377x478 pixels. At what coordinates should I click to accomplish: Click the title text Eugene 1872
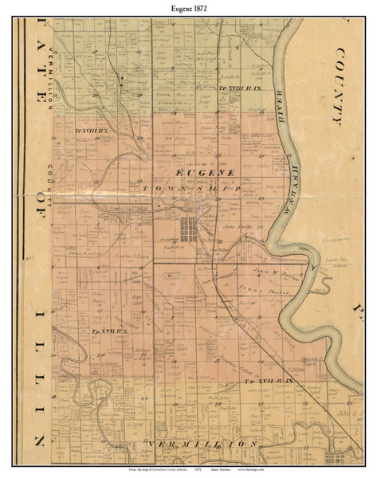pyautogui.click(x=188, y=7)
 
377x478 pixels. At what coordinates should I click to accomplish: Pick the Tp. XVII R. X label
pyautogui.click(x=102, y=330)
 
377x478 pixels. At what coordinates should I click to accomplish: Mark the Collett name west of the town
pyautogui.click(x=170, y=249)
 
